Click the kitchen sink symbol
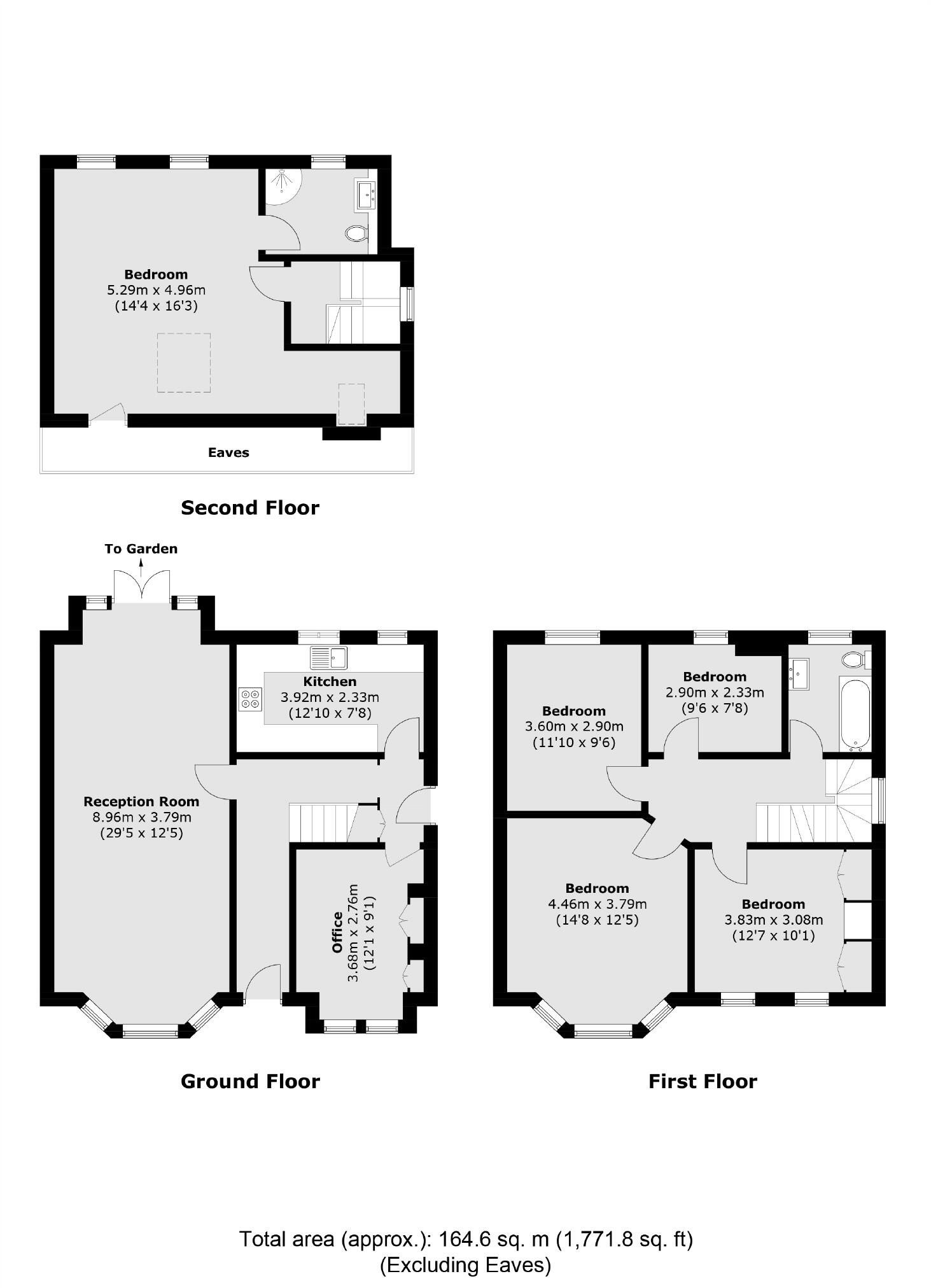(329, 657)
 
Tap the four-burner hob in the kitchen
(250, 698)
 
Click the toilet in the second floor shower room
(357, 234)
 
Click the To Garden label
(141, 549)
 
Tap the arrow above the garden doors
(141, 566)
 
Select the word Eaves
(228, 452)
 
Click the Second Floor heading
(250, 507)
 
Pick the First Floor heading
(703, 1081)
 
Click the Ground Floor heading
(250, 1081)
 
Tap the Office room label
(338, 933)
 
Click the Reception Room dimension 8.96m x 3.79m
(141, 817)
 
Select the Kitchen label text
(330, 682)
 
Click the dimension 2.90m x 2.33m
(715, 692)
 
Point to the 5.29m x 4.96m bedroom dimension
(156, 290)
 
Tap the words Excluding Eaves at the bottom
(465, 1264)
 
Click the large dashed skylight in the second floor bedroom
(183, 363)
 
